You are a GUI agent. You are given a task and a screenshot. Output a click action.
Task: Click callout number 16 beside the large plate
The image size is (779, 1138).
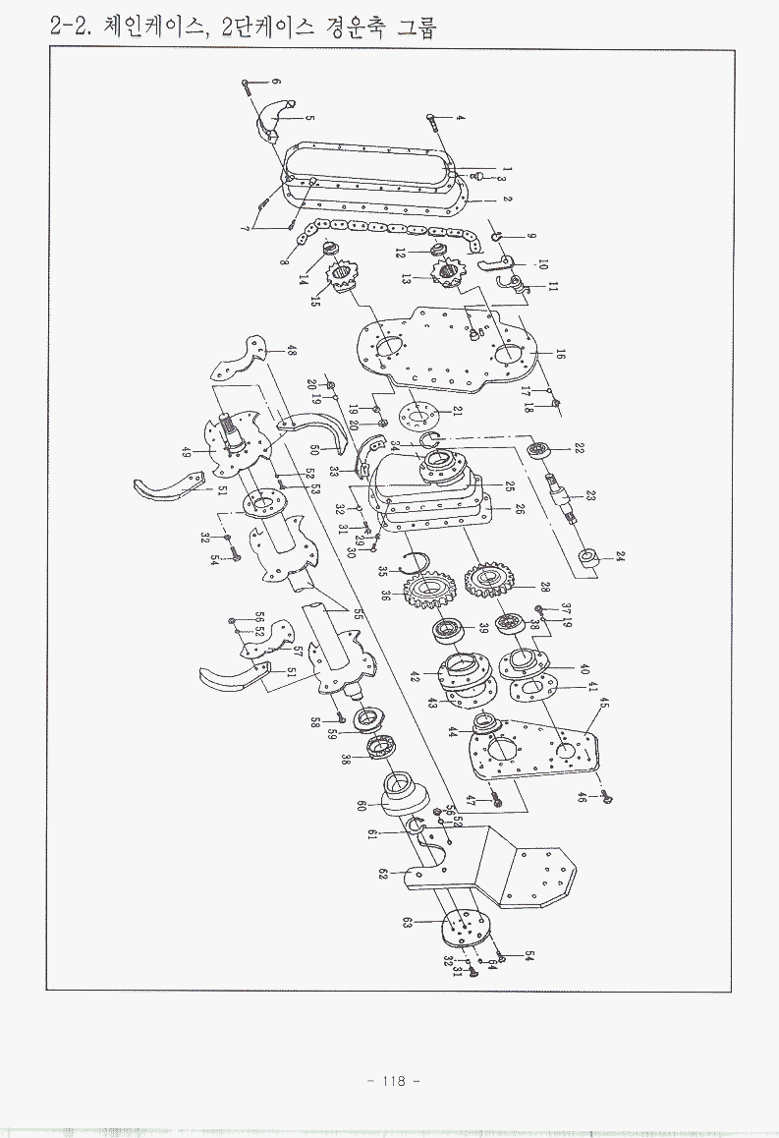tap(561, 355)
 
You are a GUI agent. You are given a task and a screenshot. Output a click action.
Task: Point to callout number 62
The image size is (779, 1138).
tap(383, 873)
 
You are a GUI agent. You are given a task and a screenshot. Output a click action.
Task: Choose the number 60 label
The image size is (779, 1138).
tap(362, 806)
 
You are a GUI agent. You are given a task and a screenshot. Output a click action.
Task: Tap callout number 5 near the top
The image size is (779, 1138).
tap(309, 118)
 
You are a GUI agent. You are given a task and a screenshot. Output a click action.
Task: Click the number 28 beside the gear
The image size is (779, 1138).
tap(544, 587)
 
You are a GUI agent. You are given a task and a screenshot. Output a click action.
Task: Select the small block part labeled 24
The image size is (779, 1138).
tap(591, 561)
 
